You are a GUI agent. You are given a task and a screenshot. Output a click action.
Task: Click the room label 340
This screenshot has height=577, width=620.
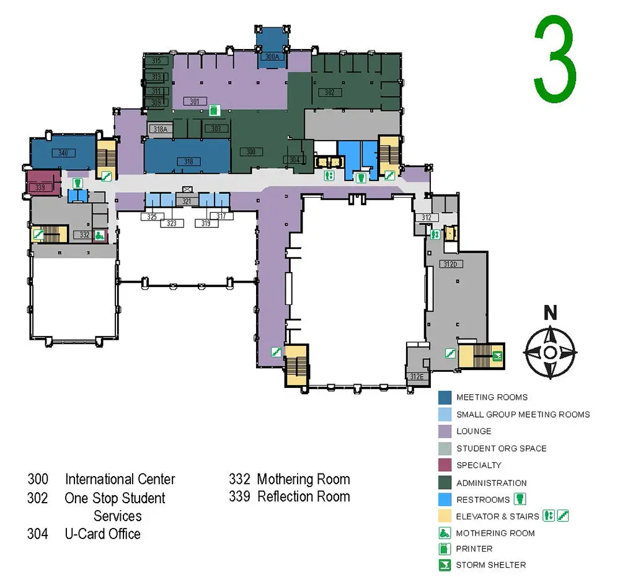63,152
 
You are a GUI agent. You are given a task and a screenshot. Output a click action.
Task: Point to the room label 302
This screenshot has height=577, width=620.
330,92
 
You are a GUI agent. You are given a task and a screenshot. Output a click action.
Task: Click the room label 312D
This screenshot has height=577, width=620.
451,264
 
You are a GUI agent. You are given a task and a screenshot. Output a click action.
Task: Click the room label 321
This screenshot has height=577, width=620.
187,202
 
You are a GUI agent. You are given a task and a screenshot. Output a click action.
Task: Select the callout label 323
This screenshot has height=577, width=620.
172,223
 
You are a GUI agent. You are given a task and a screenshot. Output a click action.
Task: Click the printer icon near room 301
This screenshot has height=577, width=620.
213,110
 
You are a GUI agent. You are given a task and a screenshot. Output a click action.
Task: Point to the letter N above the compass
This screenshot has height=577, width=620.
550,314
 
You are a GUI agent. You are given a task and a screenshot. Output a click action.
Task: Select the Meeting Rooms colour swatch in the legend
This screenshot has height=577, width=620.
444,397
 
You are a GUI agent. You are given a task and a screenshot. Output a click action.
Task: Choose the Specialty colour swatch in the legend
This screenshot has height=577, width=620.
444,465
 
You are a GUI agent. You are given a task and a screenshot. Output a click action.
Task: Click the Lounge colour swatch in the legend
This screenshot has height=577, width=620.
444,431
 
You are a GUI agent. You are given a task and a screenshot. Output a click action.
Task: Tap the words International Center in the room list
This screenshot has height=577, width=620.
120,479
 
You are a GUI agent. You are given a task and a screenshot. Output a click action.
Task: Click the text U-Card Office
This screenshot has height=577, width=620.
102,534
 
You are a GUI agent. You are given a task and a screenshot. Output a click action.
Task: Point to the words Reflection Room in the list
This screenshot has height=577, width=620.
304,496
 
